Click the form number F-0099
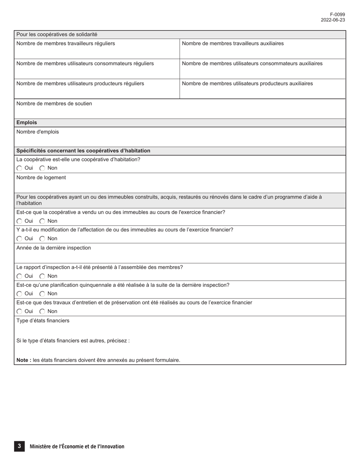(337, 15)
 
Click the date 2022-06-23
(333, 20)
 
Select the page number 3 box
(19, 446)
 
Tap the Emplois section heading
(27, 123)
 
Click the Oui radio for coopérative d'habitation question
(20, 168)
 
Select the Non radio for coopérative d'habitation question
(42, 168)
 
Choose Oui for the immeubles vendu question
(20, 221)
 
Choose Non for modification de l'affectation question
(42, 239)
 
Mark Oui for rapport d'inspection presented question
(20, 276)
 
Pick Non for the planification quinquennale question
(42, 294)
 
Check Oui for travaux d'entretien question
(20, 311)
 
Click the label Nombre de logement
(41, 178)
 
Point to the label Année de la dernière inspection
(53, 248)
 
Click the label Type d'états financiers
(43, 321)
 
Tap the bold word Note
(23, 360)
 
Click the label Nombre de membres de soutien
(54, 104)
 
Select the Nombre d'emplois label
(38, 132)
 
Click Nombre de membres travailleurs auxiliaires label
(233, 44)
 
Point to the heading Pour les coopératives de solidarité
(57, 34)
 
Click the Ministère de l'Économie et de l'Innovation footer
(77, 447)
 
